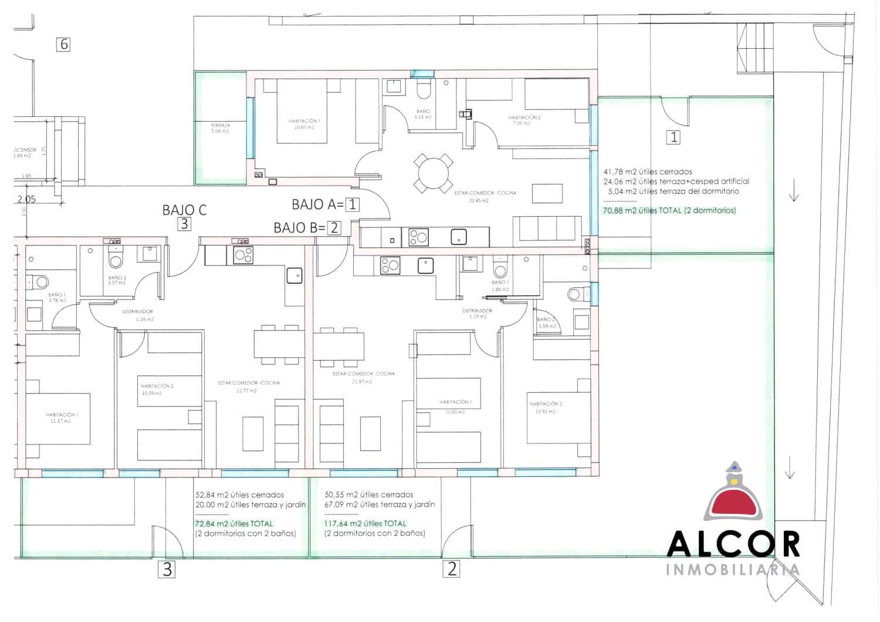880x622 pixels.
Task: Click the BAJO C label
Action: click(x=184, y=210)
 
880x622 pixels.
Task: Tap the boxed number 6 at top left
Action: click(x=63, y=44)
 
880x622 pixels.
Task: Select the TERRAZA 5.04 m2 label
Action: click(x=220, y=128)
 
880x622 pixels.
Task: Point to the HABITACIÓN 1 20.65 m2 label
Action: click(x=304, y=123)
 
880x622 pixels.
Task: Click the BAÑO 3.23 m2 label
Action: click(x=423, y=114)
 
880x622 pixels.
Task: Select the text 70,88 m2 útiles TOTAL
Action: click(x=669, y=210)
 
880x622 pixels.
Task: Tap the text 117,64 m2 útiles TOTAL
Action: click(x=364, y=523)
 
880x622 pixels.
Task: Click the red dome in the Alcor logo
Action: click(x=733, y=501)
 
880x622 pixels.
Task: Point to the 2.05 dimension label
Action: click(x=26, y=199)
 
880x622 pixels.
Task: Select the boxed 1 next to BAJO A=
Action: click(x=352, y=205)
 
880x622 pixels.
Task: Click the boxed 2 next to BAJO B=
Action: click(x=334, y=228)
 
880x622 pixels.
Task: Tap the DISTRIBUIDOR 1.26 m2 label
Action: click(x=138, y=315)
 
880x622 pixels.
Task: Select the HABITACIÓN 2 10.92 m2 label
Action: click(x=546, y=408)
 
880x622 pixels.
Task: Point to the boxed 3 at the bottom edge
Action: click(x=167, y=569)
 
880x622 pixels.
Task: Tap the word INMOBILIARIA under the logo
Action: click(x=733, y=569)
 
